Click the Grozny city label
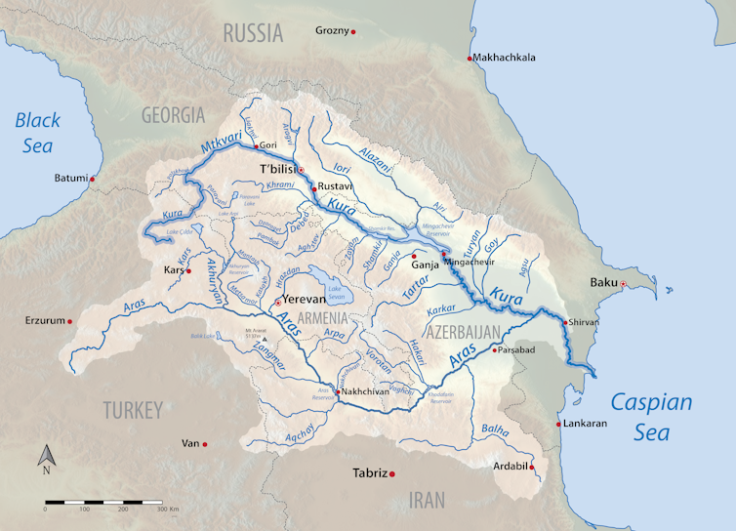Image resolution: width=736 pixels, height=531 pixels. tap(331, 31)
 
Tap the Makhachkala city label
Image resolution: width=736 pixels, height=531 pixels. tap(504, 58)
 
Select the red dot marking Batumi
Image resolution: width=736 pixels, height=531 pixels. tap(93, 179)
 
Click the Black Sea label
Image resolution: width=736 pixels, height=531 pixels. tap(36, 134)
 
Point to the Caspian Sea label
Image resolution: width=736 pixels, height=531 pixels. tap(652, 416)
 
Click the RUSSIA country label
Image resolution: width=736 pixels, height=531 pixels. tap(253, 33)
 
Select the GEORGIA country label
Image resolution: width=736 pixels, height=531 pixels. tap(173, 114)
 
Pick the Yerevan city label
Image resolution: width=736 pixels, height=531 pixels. tap(302, 301)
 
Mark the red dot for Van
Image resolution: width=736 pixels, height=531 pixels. tap(205, 444)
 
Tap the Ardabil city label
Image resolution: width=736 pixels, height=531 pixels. tap(510, 467)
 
